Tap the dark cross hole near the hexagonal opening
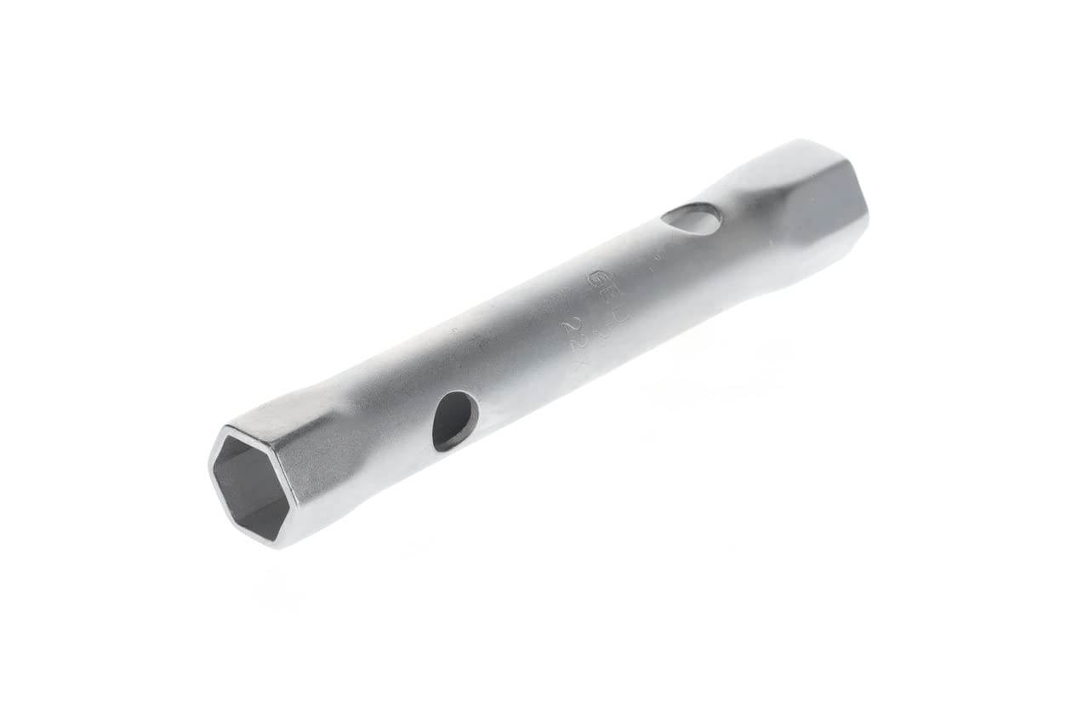coord(454,420)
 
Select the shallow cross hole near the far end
coord(691,219)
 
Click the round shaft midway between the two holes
coord(562,332)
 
